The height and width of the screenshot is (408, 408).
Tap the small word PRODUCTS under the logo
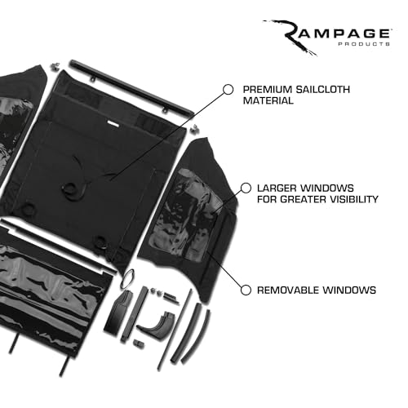coord(364,44)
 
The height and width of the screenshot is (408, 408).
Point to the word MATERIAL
coord(268,100)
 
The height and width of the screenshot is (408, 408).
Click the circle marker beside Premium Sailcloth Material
coord(228,90)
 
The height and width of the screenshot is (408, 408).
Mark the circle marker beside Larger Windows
coord(246,188)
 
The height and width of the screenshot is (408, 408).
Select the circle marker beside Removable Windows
coord(246,290)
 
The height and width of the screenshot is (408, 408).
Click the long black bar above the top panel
coord(131,88)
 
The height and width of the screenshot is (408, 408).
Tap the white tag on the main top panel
coord(113,123)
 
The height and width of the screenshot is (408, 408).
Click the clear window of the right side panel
coord(185,215)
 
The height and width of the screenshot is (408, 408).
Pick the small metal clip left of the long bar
coord(55,66)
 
